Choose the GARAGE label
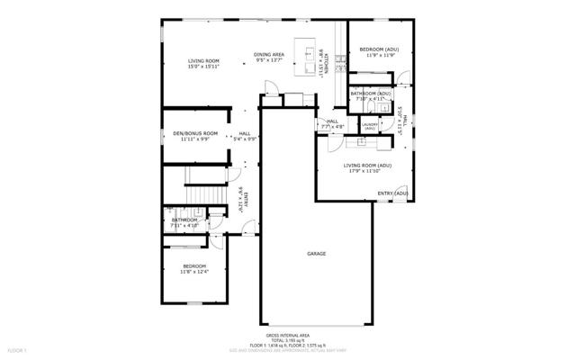click(x=316, y=254)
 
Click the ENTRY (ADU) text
click(x=392, y=193)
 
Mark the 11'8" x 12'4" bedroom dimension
click(x=195, y=273)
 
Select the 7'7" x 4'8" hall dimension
click(x=332, y=128)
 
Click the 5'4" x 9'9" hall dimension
click(x=245, y=139)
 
